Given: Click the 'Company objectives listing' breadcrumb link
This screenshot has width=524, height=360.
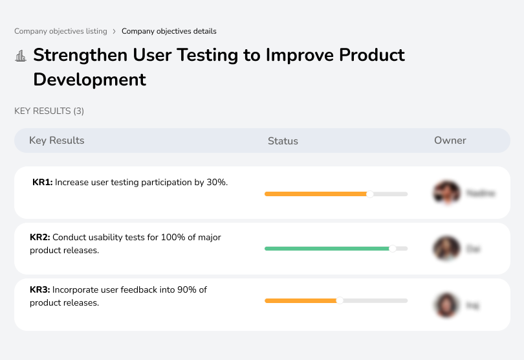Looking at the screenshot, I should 61,31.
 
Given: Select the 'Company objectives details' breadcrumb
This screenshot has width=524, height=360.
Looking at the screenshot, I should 169,31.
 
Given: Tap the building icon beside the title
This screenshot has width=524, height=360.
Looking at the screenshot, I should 21,56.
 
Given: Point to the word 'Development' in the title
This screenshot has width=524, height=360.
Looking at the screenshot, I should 89,80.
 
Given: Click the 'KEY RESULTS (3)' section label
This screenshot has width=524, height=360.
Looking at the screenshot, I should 49,111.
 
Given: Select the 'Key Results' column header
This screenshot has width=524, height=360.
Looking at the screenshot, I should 56,141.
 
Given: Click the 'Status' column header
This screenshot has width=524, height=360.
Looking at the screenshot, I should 283,141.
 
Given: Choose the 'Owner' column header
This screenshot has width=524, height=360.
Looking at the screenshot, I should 450,141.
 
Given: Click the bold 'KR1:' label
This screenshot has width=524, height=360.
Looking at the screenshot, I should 42,183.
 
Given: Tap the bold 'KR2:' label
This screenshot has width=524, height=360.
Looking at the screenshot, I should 39,238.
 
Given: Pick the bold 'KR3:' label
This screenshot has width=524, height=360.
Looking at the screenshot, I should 39,290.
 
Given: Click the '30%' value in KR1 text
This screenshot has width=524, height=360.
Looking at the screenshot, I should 217,183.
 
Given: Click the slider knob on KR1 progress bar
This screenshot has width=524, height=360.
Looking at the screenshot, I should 370,194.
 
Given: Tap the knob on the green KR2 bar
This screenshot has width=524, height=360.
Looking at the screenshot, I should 392,248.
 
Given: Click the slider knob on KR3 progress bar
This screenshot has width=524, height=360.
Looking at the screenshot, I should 340,300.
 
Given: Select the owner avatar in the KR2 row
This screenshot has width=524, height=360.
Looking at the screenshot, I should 446,248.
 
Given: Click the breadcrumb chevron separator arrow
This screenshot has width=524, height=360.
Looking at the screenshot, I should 115,31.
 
